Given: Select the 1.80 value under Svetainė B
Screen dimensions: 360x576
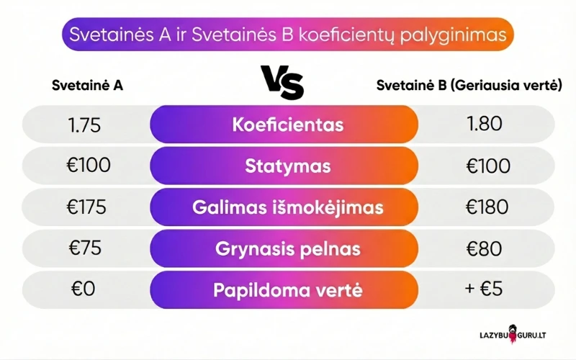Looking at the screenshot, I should click(484, 124).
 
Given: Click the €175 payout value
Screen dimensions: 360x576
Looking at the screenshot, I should click(87, 207).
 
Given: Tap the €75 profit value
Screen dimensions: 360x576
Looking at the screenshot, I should click(84, 248).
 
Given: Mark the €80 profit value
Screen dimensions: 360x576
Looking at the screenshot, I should click(484, 248).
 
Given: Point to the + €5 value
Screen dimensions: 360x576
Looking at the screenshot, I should click(484, 290).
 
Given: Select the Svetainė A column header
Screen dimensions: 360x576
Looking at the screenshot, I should click(87, 85).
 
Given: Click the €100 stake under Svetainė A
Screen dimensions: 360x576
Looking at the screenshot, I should click(89, 166).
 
